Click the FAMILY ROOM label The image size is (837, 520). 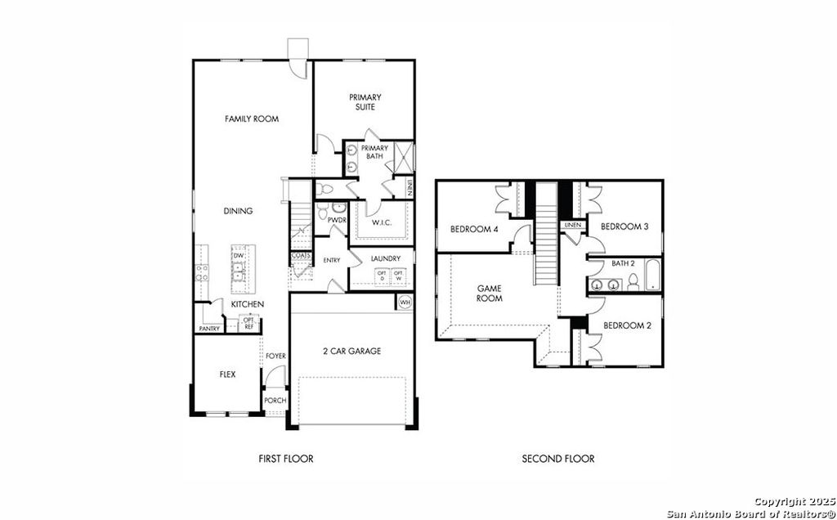[252, 119]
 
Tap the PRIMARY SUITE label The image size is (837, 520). [365, 102]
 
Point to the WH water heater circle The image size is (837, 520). [405, 303]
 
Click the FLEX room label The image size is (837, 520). [227, 374]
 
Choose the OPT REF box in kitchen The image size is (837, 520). [248, 323]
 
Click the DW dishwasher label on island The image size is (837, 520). [239, 256]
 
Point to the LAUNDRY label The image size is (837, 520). [386, 259]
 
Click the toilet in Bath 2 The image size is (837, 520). [633, 284]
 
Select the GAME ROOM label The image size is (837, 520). [490, 294]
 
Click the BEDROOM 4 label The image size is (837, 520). [474, 229]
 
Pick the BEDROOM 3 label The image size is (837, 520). [624, 226]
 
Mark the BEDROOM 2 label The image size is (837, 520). [627, 325]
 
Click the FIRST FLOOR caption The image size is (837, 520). [285, 459]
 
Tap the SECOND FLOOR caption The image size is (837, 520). [558, 459]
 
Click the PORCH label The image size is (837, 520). [275, 401]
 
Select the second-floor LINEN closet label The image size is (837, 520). [572, 225]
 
